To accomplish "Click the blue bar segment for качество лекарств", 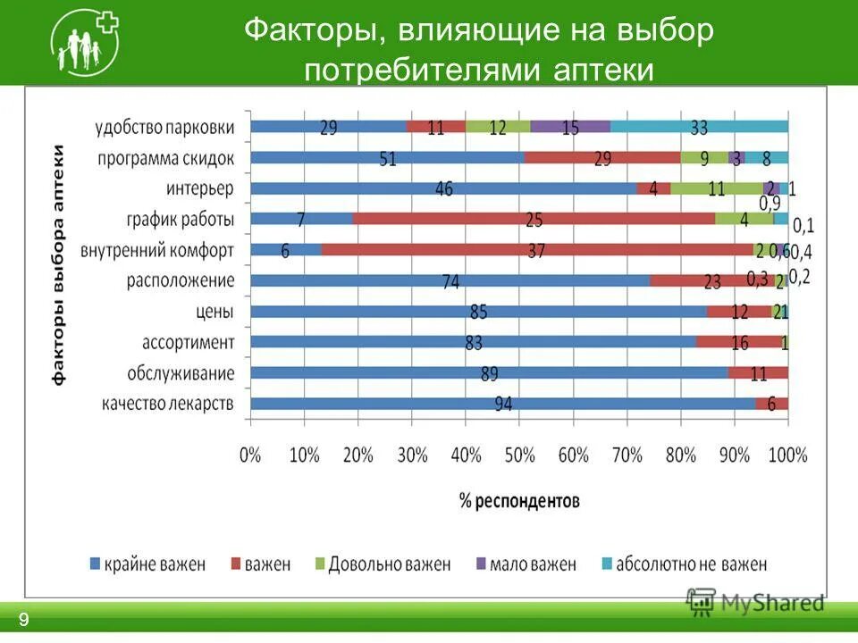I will click(502, 404).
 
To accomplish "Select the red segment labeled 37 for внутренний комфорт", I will click(536, 250).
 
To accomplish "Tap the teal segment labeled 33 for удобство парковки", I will click(699, 127).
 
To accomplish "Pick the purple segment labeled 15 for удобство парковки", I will click(570, 127).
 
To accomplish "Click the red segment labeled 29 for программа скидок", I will click(602, 158).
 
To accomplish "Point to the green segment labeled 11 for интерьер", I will click(717, 188).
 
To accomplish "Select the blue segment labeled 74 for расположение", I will click(450, 280).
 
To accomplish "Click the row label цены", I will click(214, 312).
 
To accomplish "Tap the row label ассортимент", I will click(188, 342).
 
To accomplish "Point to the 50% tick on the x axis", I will click(518, 455).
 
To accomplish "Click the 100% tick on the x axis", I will click(786, 455).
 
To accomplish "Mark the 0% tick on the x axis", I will click(250, 455).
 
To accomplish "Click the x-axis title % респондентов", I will click(519, 500).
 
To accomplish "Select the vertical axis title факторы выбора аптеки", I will click(59, 263).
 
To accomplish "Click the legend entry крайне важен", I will click(147, 564).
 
